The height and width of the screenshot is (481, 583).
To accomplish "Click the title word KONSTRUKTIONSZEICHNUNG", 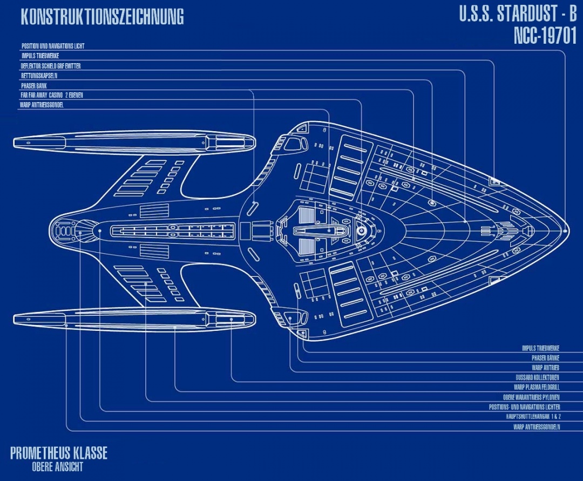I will click(102, 17).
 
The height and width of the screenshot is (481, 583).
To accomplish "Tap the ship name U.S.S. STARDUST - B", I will click(518, 14).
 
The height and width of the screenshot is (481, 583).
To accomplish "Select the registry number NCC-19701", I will click(545, 36).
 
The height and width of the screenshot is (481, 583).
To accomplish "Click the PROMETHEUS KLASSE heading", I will click(58, 452).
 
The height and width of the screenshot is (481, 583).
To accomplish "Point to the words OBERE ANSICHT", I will click(58, 467).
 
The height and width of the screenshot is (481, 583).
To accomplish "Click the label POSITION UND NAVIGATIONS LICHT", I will click(53, 46).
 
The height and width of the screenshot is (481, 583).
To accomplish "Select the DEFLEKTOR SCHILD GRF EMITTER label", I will click(51, 66).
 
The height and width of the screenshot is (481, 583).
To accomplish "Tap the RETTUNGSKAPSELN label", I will click(39, 76).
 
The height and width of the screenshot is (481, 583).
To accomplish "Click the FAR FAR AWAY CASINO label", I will click(52, 95).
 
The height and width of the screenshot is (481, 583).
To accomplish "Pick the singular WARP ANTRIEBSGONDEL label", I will click(42, 105).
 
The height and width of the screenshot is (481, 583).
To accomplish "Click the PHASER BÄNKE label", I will click(545, 358).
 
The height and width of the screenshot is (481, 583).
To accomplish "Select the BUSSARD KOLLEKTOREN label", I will click(537, 377).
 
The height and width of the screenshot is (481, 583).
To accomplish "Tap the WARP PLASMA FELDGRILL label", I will click(537, 387).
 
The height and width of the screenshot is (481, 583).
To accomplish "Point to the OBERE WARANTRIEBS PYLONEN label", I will click(531, 397).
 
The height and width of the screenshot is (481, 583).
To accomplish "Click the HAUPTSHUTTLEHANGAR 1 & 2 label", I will click(533, 416).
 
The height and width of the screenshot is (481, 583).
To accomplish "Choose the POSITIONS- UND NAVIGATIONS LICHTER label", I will click(524, 407).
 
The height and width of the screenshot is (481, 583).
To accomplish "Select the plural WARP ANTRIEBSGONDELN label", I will click(537, 426).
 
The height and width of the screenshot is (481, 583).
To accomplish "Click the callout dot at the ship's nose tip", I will click(565, 231).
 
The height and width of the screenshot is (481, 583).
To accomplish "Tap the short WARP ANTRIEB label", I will click(545, 368).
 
